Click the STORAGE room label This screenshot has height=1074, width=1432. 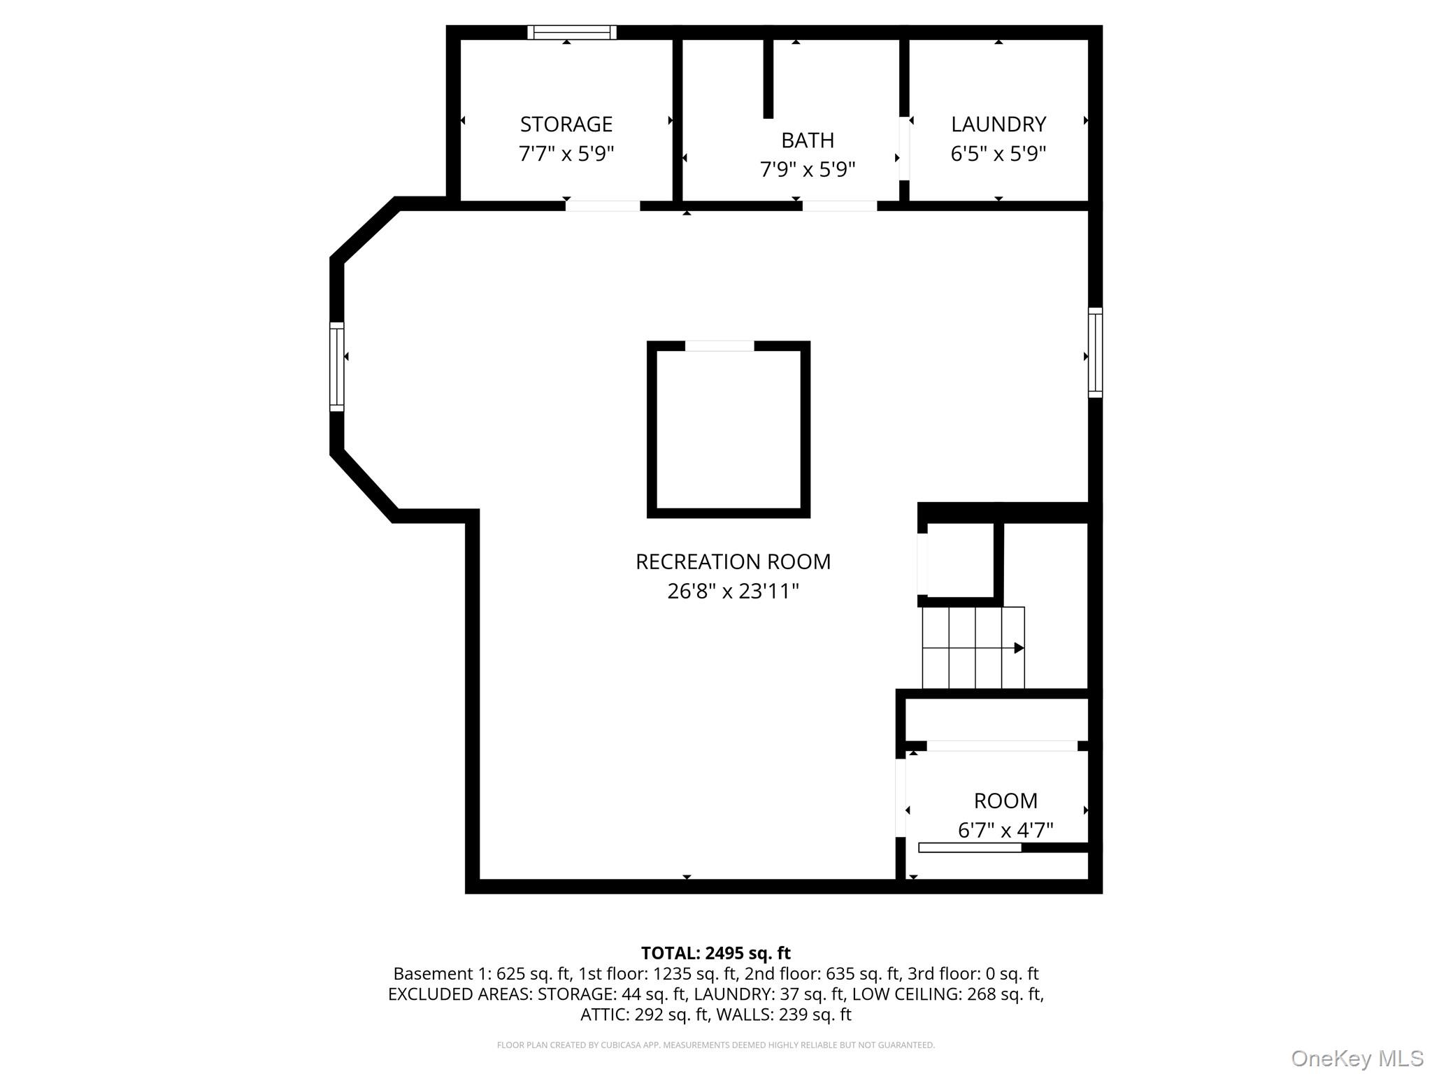566,124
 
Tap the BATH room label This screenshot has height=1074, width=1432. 807,141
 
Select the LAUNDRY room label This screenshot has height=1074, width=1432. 998,124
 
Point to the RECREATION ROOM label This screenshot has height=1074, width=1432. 733,561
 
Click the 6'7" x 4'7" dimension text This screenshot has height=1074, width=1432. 1005,830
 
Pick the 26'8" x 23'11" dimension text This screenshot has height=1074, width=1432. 733,592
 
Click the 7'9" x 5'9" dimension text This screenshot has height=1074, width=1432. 807,170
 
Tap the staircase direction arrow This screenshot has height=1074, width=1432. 1018,648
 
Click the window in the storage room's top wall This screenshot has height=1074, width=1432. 571,32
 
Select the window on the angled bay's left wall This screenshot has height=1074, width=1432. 337,366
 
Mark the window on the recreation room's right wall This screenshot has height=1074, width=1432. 1095,352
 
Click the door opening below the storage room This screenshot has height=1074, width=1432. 602,206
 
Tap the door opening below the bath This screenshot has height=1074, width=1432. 839,206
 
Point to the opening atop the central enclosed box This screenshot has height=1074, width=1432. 719,346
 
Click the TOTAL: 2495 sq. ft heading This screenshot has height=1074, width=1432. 715,953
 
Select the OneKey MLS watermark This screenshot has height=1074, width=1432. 1356,1059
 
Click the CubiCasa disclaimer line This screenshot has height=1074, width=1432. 715,1045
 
